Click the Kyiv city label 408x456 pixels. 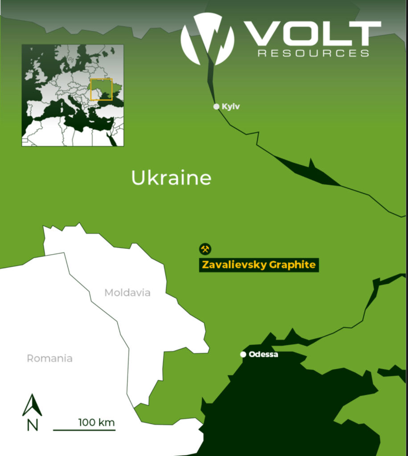point(231,107)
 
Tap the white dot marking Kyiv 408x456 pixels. point(216,106)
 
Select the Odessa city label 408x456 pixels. point(264,354)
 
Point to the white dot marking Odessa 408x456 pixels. point(243,354)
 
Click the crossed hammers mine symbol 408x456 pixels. point(205,249)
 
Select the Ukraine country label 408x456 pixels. point(171,178)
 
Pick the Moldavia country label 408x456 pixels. point(128,293)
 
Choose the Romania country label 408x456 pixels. point(49,358)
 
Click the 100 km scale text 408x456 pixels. point(96,422)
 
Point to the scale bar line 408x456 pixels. point(84,430)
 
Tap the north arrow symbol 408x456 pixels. point(32,405)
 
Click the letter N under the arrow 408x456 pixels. point(32,425)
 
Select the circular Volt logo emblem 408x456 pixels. point(207,39)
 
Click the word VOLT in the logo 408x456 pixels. point(314,34)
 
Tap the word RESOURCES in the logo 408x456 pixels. point(314,53)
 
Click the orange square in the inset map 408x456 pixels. point(101,90)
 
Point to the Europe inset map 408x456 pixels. point(73,95)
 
